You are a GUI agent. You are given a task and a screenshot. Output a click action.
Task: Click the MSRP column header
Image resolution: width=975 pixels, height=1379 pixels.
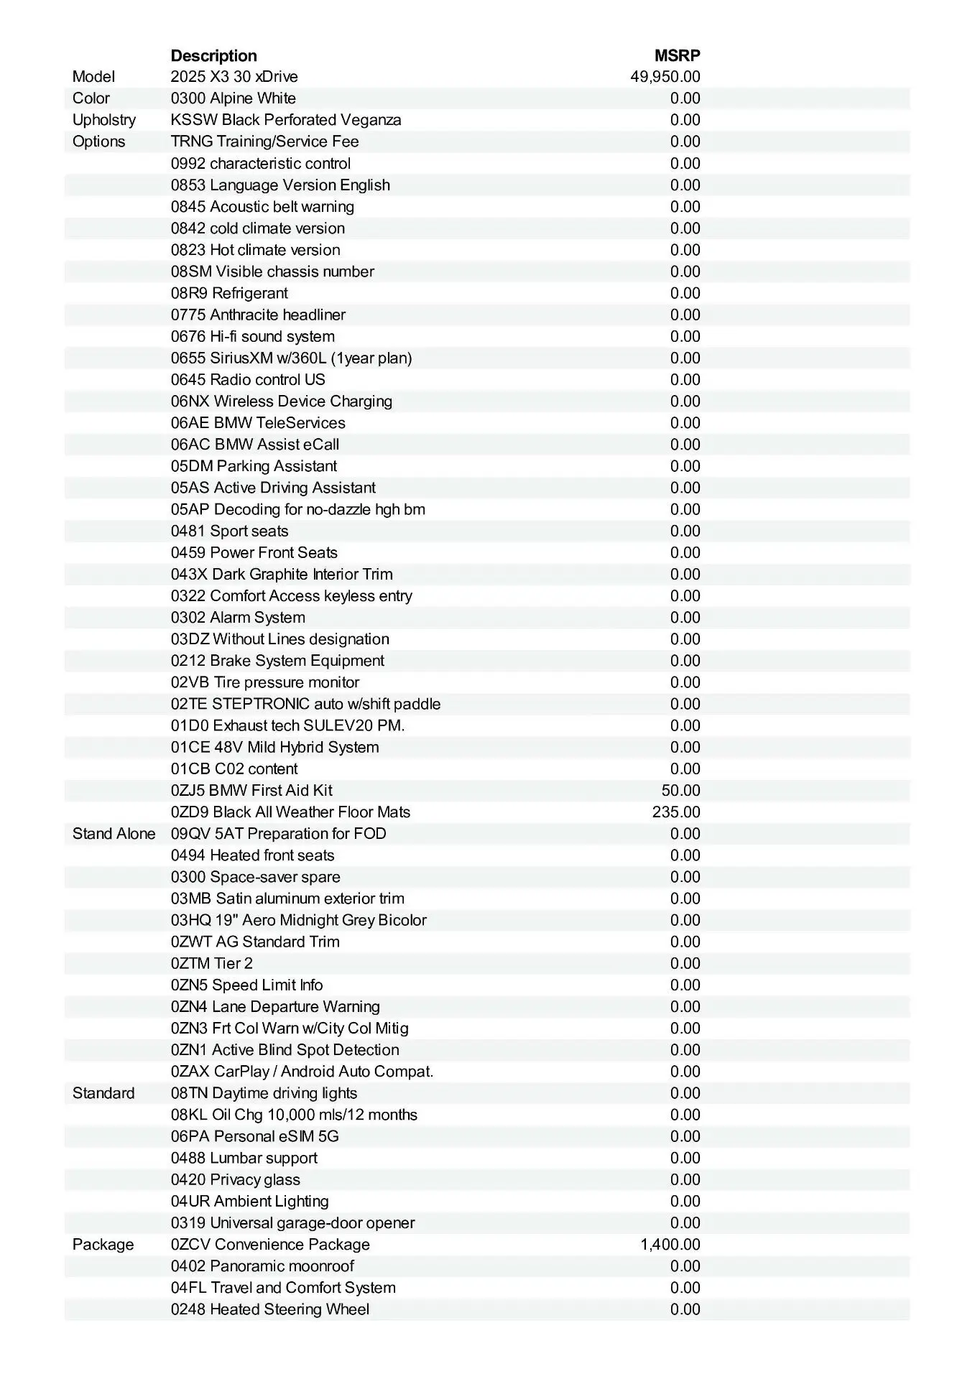[677, 55]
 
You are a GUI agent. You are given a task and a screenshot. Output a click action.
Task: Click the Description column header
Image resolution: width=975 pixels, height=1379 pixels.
[213, 55]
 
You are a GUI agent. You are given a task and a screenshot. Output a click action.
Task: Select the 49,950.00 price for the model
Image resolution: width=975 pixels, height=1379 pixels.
[665, 77]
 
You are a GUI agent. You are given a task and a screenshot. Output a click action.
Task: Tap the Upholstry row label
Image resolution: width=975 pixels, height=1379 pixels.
[103, 120]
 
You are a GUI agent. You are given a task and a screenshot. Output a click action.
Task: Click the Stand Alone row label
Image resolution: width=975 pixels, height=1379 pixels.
[114, 834]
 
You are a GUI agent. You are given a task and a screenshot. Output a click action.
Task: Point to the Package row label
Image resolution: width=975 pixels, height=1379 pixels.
[103, 1245]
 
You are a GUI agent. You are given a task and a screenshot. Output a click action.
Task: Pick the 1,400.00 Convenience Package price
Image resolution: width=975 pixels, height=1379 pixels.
[670, 1245]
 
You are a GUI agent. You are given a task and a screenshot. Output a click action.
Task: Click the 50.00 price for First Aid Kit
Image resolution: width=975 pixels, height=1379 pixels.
[680, 791]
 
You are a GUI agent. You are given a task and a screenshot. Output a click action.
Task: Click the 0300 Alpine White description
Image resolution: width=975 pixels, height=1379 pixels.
[233, 98]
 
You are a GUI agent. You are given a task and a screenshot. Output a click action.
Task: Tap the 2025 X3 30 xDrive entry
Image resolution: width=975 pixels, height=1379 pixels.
[234, 77]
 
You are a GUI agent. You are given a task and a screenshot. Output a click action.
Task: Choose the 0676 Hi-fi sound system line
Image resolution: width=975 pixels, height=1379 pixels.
[252, 336]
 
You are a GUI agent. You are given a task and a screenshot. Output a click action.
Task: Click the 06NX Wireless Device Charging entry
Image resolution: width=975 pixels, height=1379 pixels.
[281, 401]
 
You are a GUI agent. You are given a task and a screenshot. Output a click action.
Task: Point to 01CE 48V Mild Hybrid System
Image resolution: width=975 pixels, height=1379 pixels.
[274, 747]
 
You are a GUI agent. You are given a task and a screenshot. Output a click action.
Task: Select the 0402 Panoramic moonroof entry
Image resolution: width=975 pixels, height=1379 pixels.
[262, 1266]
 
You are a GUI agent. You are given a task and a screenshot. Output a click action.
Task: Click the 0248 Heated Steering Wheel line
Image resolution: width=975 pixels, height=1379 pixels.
[269, 1309]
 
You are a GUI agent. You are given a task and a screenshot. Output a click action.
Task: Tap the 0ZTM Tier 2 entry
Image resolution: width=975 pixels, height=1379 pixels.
[211, 963]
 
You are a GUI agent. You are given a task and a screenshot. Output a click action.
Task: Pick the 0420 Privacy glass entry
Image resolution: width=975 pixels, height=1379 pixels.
[235, 1179]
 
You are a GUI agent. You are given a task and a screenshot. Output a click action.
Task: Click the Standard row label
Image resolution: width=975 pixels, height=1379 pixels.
[103, 1093]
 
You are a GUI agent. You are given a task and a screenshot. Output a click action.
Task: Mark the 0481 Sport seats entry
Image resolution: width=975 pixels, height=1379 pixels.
[229, 531]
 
